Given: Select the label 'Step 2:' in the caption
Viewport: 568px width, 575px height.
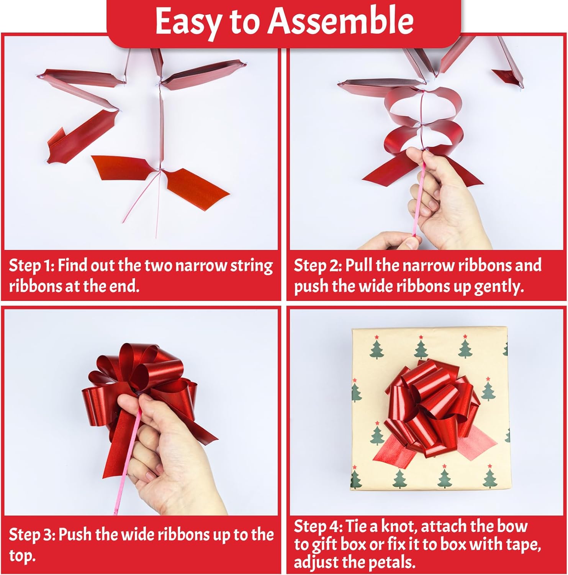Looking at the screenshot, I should [x=317, y=266].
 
